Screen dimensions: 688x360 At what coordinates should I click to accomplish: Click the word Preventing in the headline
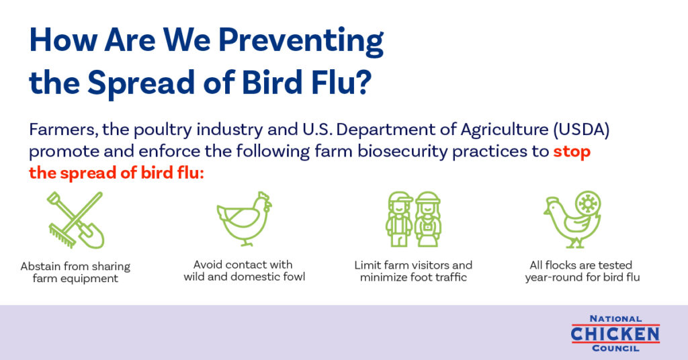[x=301, y=41]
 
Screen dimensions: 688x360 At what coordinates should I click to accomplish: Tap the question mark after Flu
[x=363, y=81]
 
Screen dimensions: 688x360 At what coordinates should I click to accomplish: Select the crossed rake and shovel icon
[x=75, y=220]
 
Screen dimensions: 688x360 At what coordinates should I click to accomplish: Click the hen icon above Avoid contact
[x=244, y=218]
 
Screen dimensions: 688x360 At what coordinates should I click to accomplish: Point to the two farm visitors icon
[x=413, y=219]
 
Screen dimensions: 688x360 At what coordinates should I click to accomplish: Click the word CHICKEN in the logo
[x=615, y=334]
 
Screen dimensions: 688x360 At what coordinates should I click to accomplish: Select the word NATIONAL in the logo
[x=615, y=319]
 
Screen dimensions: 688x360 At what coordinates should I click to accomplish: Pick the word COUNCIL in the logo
[x=615, y=349]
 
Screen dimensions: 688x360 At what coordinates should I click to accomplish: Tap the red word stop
[x=572, y=152]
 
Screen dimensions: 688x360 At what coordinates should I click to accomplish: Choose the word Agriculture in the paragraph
[x=504, y=130]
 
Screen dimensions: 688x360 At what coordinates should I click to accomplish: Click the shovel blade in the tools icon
[x=92, y=238]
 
